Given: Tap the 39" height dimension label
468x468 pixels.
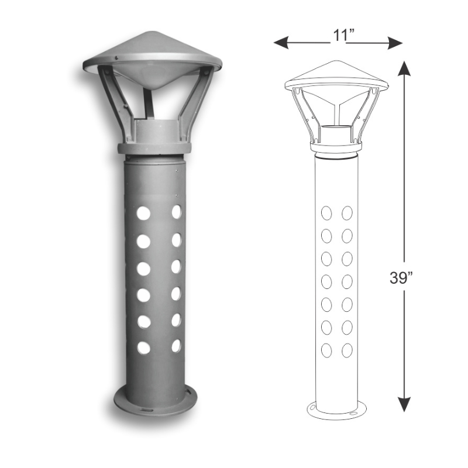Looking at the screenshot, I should [x=402, y=277].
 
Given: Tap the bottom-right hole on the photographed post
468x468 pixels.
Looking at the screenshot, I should [x=176, y=346].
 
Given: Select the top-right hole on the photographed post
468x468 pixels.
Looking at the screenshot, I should [x=176, y=212].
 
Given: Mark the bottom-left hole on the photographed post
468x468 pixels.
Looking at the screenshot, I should [x=143, y=347].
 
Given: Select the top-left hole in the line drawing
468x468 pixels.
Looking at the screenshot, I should [x=327, y=212].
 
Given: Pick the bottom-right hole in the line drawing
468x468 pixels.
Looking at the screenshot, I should [x=347, y=350].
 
